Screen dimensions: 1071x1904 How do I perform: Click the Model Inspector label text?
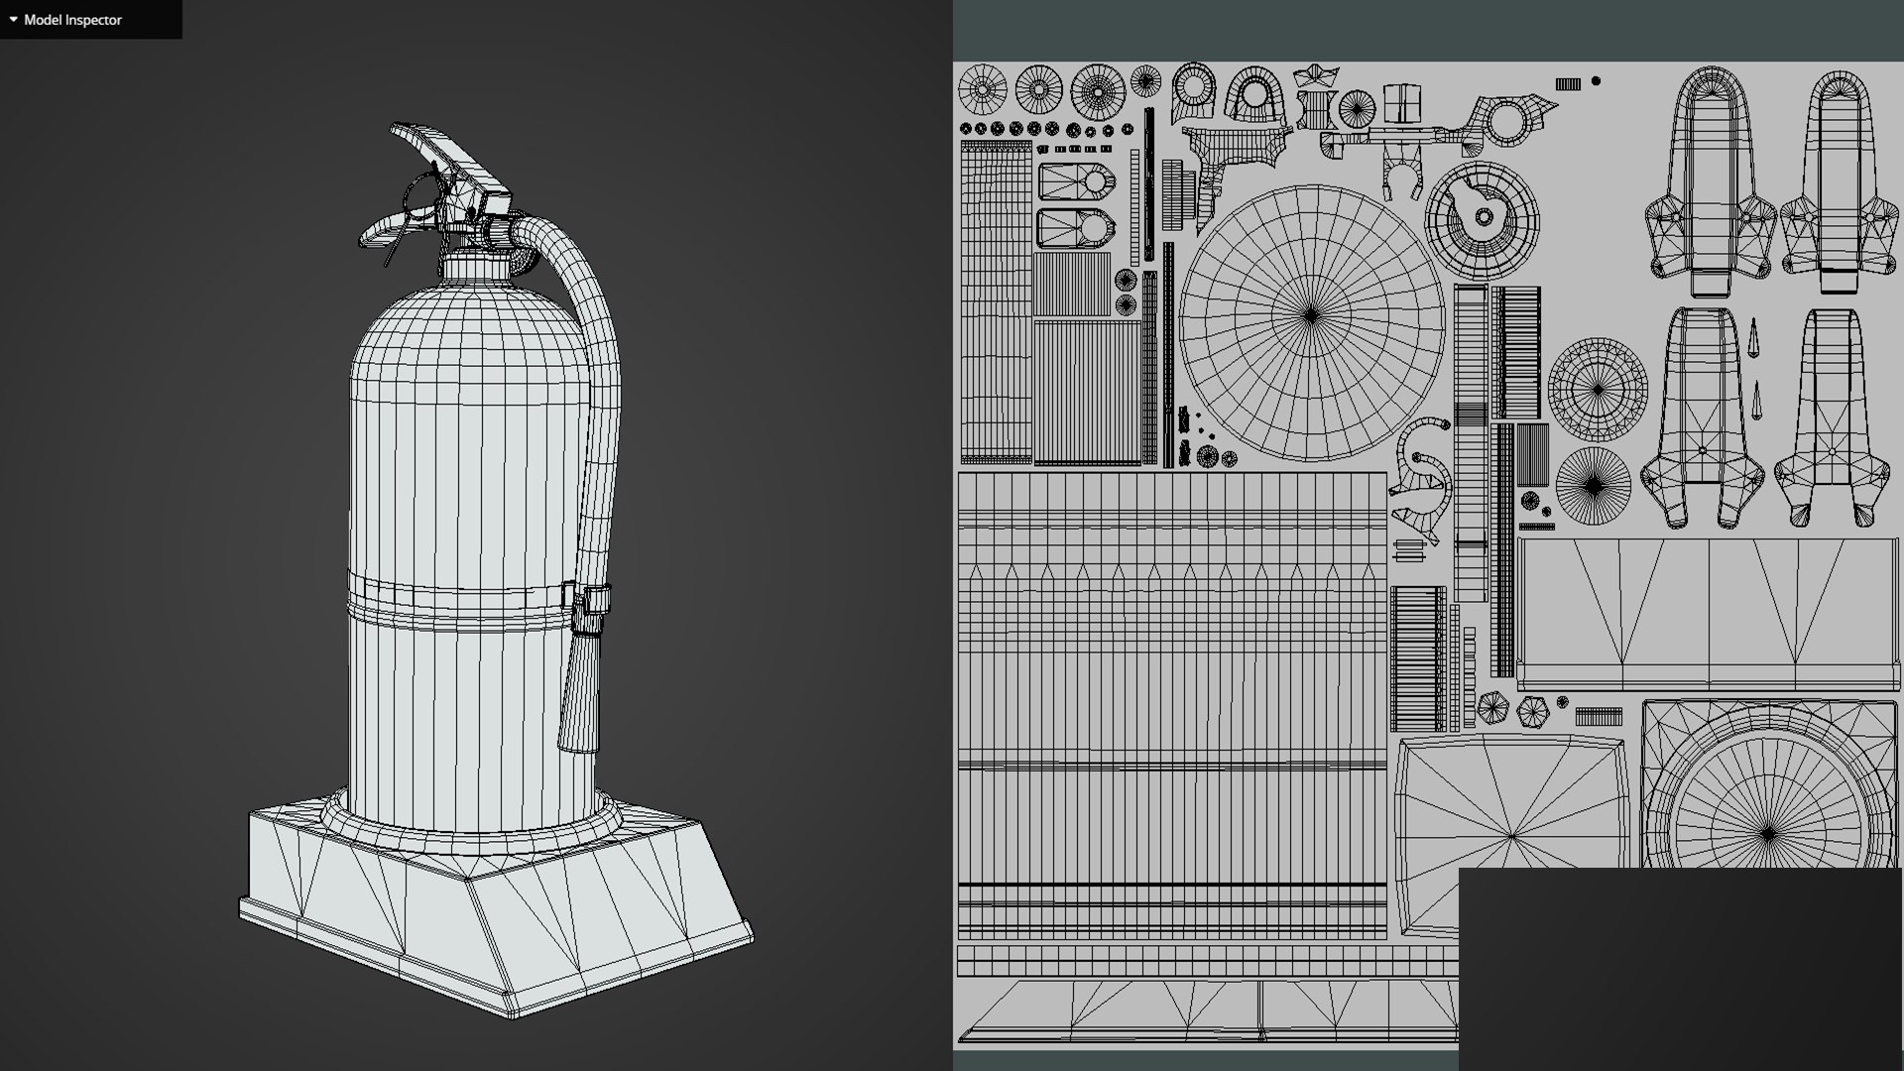point(72,20)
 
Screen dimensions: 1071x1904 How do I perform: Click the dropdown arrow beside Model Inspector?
point(13,19)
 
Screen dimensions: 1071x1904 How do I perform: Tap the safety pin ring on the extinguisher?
point(422,193)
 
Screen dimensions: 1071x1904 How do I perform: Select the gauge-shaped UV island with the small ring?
point(1482,218)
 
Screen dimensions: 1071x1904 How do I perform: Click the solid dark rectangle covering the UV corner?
point(1681,969)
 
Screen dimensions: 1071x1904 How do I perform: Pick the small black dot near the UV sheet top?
point(1596,81)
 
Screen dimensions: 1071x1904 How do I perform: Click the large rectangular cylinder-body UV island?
point(1171,704)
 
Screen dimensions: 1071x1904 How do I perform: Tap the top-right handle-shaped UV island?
point(1841,178)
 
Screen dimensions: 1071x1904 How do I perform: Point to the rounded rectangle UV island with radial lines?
point(1511,833)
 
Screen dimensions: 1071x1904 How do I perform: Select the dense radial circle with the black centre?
point(1593,486)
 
